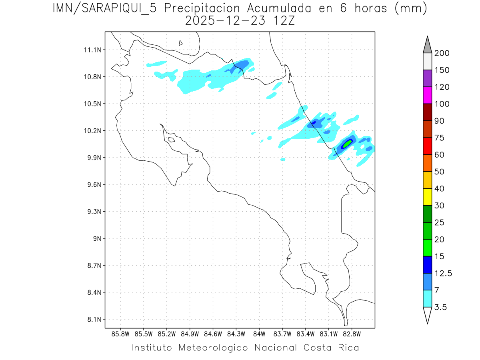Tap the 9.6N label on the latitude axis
92,185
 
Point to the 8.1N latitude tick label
92,320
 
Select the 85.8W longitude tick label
121,334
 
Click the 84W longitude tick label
259,334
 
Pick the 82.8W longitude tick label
352,334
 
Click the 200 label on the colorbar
442,54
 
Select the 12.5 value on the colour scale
443,274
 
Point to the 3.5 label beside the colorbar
441,307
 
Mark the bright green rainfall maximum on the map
347,143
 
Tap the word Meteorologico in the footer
213,348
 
